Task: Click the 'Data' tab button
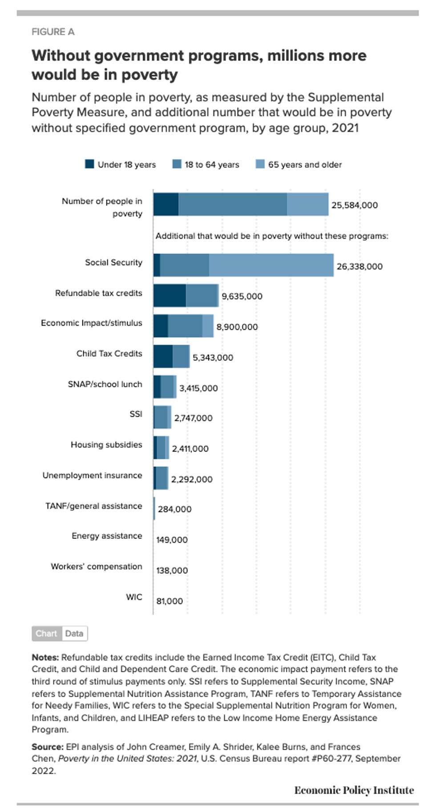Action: pyautogui.click(x=74, y=634)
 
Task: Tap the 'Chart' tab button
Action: pyautogui.click(x=46, y=634)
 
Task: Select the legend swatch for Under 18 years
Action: pyautogui.click(x=89, y=164)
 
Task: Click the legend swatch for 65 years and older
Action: pyautogui.click(x=260, y=164)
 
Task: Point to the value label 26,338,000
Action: pyautogui.click(x=359, y=266)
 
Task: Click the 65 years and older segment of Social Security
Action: pyautogui.click(x=271, y=265)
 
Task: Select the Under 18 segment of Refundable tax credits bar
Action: pyautogui.click(x=170, y=296)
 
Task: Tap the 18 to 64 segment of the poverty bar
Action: pyautogui.click(x=232, y=205)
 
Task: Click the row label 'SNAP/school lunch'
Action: pyautogui.click(x=105, y=384)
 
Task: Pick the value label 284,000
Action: pyautogui.click(x=174, y=509)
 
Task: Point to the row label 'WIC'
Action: pyautogui.click(x=134, y=597)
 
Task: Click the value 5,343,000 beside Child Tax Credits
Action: pyautogui.click(x=213, y=357)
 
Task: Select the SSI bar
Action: pyautogui.click(x=162, y=417)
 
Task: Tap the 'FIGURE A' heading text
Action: pyautogui.click(x=53, y=32)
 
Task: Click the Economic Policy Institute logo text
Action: pyautogui.click(x=354, y=790)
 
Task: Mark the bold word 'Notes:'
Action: pyautogui.click(x=45, y=657)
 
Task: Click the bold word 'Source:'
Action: pyautogui.click(x=48, y=747)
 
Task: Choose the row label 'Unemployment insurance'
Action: pyautogui.click(x=92, y=475)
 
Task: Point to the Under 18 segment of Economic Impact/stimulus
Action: pyautogui.click(x=161, y=326)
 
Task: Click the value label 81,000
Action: pyautogui.click(x=170, y=601)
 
